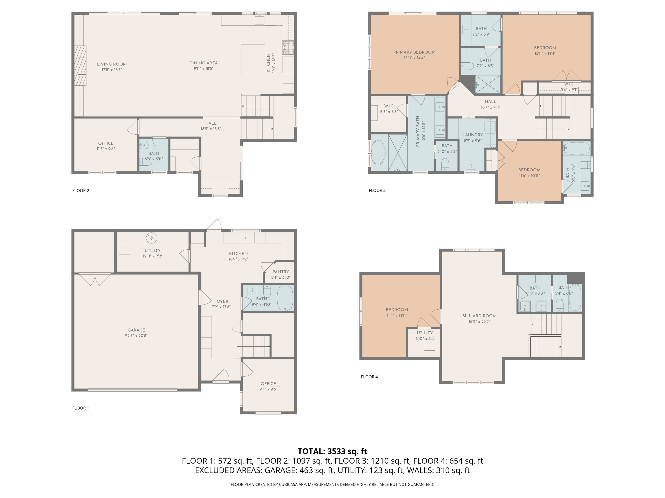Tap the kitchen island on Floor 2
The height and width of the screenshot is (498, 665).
pos(253,60)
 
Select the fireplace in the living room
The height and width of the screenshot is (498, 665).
pos(80,66)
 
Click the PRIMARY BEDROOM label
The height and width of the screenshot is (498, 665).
pos(414,52)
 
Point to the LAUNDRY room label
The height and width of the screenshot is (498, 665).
pos(473,135)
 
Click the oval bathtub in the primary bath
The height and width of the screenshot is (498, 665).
pos(378,152)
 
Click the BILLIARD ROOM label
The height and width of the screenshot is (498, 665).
pos(479,316)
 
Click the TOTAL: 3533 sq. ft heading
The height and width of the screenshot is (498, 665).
pos(332,451)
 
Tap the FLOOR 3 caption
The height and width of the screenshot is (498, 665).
pos(377,190)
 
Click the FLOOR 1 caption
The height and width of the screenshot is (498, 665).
pos(80,408)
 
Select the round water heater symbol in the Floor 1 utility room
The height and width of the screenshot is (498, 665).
pos(152,238)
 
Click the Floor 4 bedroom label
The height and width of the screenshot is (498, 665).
pos(397,310)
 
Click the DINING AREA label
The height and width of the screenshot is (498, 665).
pos(203,63)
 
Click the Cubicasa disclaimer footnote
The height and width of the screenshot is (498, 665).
pos(332,484)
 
